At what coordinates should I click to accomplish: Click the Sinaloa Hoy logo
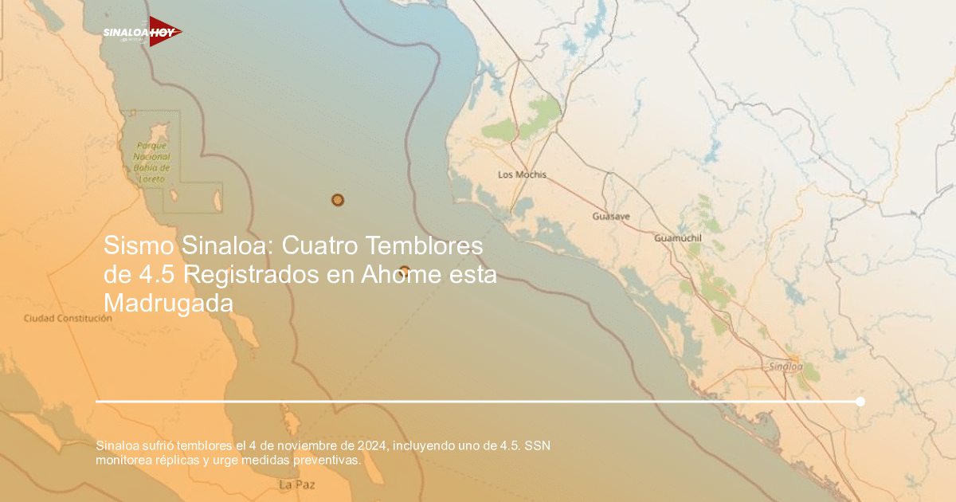[142, 32]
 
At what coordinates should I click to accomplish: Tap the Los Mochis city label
[522, 175]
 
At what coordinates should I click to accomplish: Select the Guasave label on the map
[611, 216]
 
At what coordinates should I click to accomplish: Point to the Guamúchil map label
[676, 238]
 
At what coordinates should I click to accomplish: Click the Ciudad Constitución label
[68, 318]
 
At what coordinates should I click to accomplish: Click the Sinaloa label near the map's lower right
[786, 367]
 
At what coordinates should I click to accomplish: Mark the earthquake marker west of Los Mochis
[338, 200]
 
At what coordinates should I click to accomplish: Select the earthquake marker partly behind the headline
[404, 271]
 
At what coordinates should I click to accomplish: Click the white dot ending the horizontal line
[860, 402]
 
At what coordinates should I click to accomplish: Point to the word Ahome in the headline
[395, 275]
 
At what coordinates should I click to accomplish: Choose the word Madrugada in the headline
[169, 304]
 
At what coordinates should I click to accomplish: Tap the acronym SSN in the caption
[538, 444]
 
